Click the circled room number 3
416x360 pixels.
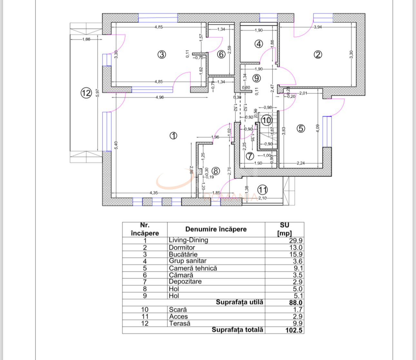pyautogui.click(x=162, y=54)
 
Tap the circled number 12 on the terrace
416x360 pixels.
pyautogui.click(x=86, y=93)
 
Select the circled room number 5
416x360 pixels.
pyautogui.click(x=301, y=128)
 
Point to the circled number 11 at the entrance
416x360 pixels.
pyautogui.click(x=263, y=190)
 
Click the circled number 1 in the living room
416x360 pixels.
pyautogui.click(x=173, y=136)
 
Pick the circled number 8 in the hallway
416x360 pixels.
pyautogui.click(x=215, y=171)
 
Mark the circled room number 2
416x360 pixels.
pyautogui.click(x=318, y=54)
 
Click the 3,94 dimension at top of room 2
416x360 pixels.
pyautogui.click(x=318, y=27)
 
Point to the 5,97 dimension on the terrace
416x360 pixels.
pyautogui.click(x=97, y=93)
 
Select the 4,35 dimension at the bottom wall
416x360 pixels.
pyautogui.click(x=154, y=193)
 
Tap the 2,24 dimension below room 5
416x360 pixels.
pyautogui.click(x=301, y=163)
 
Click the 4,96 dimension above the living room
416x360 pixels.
pyautogui.click(x=160, y=97)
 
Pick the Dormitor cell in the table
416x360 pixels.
pyautogui.click(x=182, y=248)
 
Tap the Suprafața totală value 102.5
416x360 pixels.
pyautogui.click(x=294, y=330)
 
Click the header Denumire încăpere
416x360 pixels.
pyautogui.click(x=216, y=229)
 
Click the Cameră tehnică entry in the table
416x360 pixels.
pyautogui.click(x=193, y=268)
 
